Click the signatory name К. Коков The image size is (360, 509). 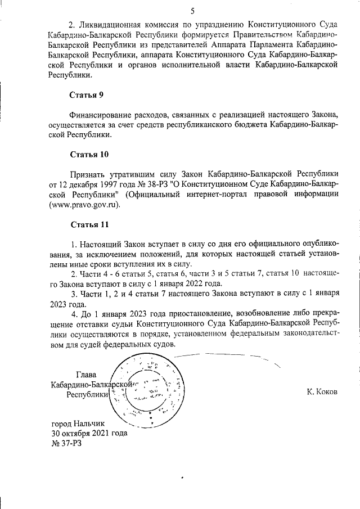[x=322, y=391]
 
